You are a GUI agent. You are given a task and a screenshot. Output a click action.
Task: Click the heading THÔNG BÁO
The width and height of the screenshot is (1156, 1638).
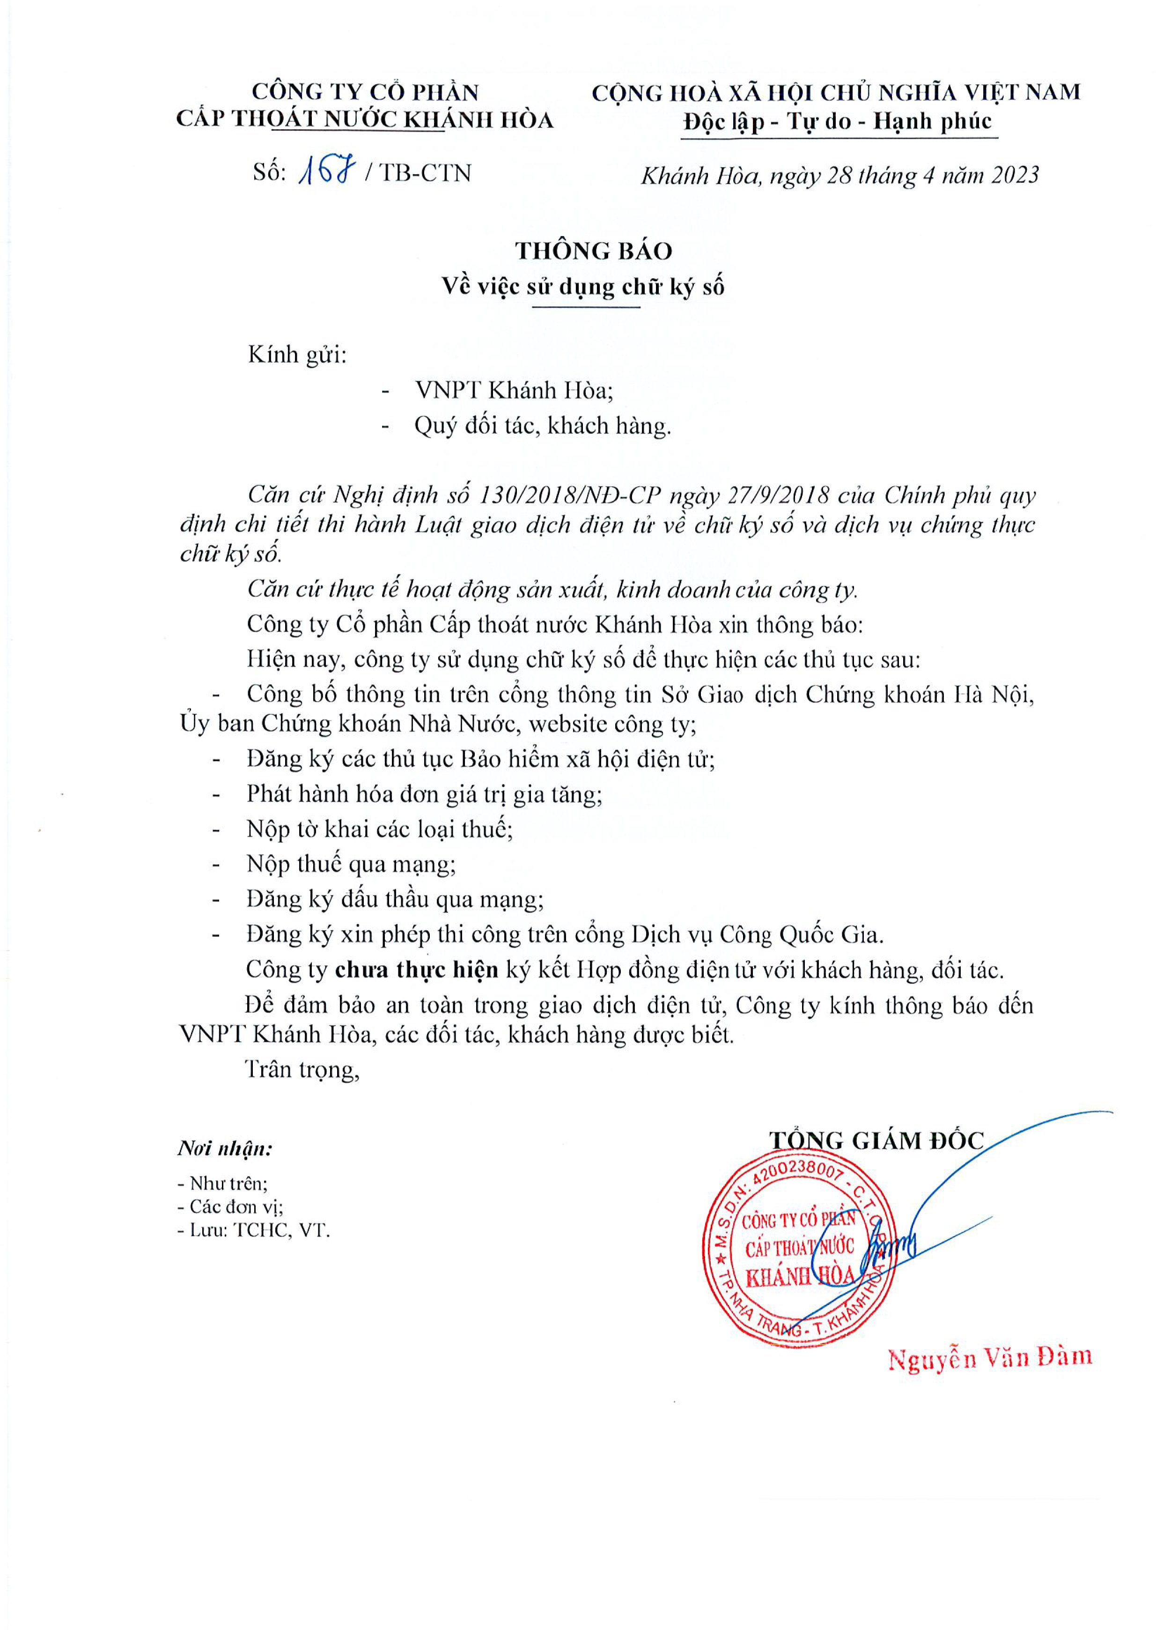pos(593,251)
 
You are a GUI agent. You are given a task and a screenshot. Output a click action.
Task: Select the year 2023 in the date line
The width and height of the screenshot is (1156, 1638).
pos(1014,176)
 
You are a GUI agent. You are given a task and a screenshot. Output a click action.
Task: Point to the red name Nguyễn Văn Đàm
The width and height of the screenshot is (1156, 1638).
pos(990,1357)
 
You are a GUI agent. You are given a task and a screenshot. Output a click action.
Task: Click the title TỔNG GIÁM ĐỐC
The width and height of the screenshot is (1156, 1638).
pos(876,1140)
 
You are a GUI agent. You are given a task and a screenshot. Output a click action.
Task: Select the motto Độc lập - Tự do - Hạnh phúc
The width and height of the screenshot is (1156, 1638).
pos(837,121)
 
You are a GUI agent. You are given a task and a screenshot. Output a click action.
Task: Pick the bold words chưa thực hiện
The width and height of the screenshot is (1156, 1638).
pos(417,970)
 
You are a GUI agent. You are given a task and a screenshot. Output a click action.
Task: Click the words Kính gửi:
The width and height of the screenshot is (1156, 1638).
pos(297,355)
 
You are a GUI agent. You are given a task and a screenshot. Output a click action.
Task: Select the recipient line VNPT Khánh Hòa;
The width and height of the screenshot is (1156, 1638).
pos(514,390)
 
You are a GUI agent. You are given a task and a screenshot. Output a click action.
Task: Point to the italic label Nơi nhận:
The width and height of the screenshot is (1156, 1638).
pos(225,1149)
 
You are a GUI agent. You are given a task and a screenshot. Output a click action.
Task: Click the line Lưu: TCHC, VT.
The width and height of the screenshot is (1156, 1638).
pos(254,1230)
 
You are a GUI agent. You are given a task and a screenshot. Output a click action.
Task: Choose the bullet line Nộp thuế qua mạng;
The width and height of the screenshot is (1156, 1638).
pos(351,864)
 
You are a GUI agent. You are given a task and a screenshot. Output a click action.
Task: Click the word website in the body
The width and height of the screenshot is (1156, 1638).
pos(567,724)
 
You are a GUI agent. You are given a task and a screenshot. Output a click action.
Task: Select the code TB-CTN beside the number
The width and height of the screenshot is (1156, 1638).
pos(425,173)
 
